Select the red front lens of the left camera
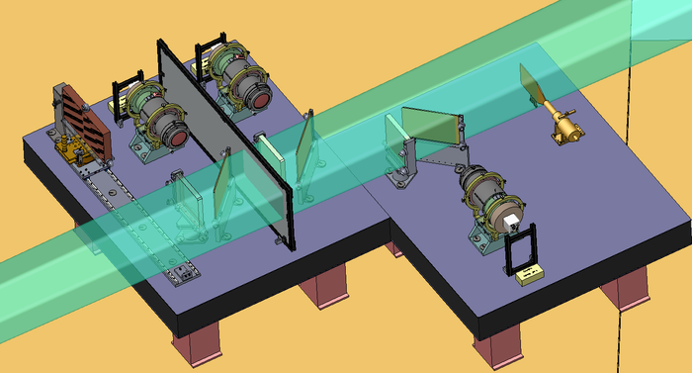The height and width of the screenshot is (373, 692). [177, 138]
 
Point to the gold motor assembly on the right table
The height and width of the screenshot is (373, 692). [566, 128]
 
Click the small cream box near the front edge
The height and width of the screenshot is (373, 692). [531, 274]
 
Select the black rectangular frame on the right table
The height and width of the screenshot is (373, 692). [520, 247]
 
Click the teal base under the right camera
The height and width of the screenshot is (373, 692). [486, 233]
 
